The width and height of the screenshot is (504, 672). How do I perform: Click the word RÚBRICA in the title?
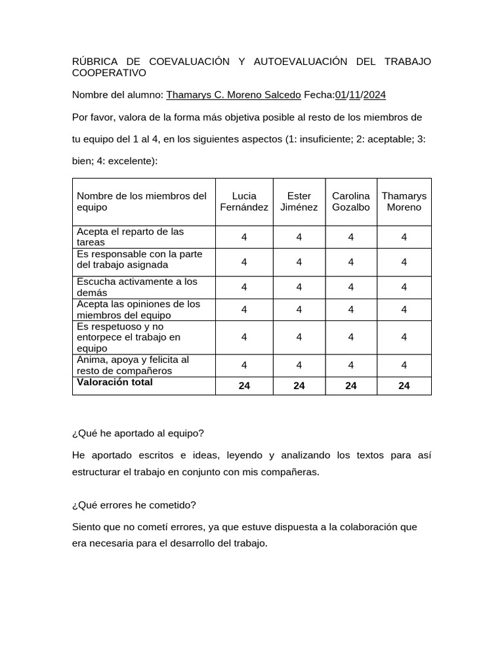click(x=94, y=62)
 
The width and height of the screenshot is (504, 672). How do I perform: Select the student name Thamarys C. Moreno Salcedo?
click(x=234, y=95)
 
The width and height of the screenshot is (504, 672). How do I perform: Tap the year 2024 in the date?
click(x=375, y=95)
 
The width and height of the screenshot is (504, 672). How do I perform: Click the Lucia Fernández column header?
click(x=244, y=201)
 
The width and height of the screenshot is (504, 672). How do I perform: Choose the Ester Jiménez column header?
click(x=299, y=201)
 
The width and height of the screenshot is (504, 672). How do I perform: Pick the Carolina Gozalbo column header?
click(x=350, y=201)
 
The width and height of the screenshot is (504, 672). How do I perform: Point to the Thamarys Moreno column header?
click(x=404, y=201)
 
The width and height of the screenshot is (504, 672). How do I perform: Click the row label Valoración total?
click(x=115, y=382)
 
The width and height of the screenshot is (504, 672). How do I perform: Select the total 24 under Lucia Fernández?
click(x=244, y=386)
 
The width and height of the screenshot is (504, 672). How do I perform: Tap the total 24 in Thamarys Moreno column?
click(x=404, y=386)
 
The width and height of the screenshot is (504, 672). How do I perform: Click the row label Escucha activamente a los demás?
click(x=137, y=287)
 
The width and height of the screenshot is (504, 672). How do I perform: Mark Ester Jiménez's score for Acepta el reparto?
click(x=299, y=237)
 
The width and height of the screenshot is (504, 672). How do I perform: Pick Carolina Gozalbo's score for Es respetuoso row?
click(x=350, y=337)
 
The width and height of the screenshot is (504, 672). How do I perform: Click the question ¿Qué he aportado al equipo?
click(x=138, y=433)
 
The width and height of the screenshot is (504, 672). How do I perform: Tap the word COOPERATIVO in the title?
click(x=109, y=73)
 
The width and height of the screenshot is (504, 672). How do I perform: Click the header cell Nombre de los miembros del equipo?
click(x=142, y=201)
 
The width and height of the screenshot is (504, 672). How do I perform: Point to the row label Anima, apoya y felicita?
click(x=133, y=365)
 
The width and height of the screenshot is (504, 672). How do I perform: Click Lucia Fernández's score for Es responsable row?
click(x=244, y=262)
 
